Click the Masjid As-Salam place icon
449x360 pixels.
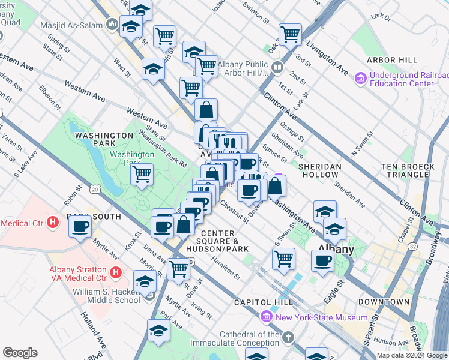pos(112,25)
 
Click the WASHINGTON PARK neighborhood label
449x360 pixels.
pos(104,136)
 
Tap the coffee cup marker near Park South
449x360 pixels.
pos(80,226)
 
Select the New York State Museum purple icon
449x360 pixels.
pos(266,316)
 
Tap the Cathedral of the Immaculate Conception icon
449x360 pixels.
pos(289,338)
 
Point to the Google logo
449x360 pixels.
pos(20,353)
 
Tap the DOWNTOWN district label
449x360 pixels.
pos(384,302)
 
